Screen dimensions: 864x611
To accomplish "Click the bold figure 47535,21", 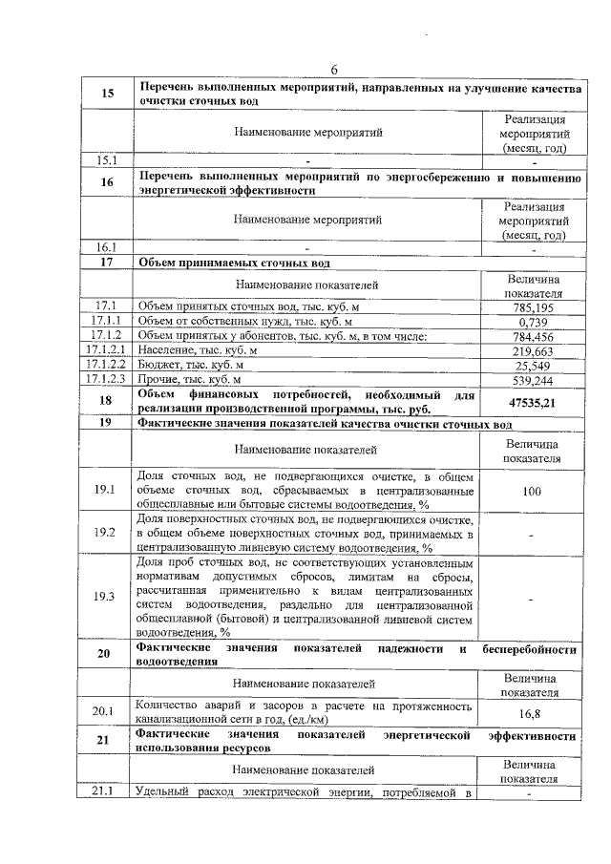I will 533,402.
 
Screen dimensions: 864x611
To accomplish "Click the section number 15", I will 107,94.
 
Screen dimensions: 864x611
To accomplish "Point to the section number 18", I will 107,402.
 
